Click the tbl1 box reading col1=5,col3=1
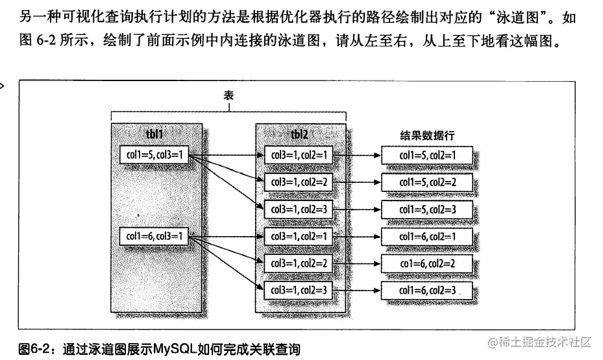coord(153,155)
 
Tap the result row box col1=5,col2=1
coord(427,156)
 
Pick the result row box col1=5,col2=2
coord(427,182)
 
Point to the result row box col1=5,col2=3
coord(427,210)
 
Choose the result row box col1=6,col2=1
coord(427,237)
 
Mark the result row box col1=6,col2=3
coord(427,289)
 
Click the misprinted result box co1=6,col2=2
coord(427,263)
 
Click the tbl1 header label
coord(154,134)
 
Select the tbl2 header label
coord(299,134)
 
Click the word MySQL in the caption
coord(174,348)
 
